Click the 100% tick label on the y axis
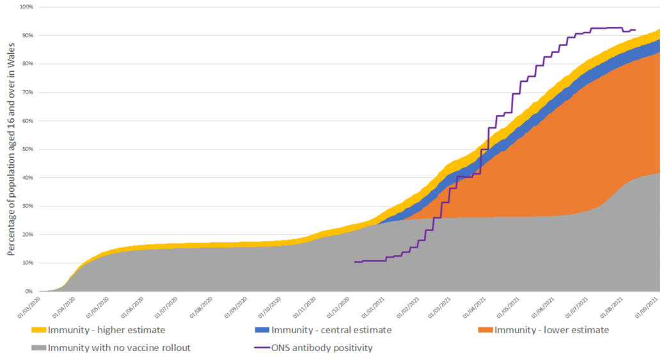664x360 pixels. point(27,7)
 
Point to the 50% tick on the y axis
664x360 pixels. point(28,149)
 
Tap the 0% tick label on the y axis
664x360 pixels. point(30,291)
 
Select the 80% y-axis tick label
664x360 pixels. point(28,64)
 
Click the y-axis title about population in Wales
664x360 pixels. point(12,150)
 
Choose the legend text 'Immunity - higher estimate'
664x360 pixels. point(106,330)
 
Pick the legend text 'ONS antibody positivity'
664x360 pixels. point(322,348)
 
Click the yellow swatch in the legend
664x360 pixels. point(39,331)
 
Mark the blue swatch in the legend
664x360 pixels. point(262,331)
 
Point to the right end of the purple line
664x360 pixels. point(635,29)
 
